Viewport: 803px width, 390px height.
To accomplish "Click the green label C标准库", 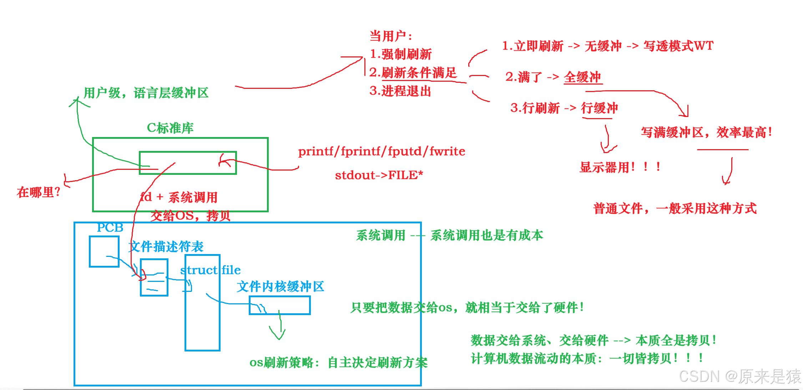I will pyautogui.click(x=170, y=128).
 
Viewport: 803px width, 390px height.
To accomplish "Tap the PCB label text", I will pyautogui.click(x=110, y=228).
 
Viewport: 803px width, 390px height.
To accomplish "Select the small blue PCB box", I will pyautogui.click(x=104, y=251).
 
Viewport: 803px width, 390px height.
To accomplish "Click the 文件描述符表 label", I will pyautogui.click(x=166, y=247).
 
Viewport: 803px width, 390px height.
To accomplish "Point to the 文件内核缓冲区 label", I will pyautogui.click(x=281, y=287).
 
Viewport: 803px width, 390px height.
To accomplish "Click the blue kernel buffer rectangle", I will pyautogui.click(x=279, y=305).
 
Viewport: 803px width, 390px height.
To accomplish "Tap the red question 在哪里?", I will pyautogui.click(x=38, y=193).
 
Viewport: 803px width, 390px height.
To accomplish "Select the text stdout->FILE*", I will pyautogui.click(x=379, y=175).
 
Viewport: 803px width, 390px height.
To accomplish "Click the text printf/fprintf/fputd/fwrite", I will pyautogui.click(x=382, y=151).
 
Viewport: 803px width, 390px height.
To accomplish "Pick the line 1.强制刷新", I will pyautogui.click(x=401, y=54).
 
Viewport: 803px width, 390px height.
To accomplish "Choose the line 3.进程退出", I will pyautogui.click(x=400, y=91).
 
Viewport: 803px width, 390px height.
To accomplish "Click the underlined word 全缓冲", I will pyautogui.click(x=582, y=77).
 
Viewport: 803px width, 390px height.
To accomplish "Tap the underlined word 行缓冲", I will pyautogui.click(x=599, y=108).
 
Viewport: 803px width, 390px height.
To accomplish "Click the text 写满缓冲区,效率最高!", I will pyautogui.click(x=706, y=132).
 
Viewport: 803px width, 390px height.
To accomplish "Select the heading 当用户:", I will pyautogui.click(x=391, y=36).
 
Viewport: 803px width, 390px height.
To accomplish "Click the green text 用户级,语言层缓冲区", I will pyautogui.click(x=146, y=93).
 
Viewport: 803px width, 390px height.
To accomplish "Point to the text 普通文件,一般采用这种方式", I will pyautogui.click(x=675, y=208).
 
